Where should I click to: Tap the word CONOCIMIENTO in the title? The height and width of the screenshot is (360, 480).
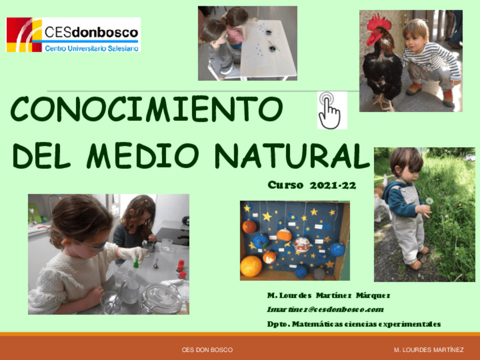coord(147,109)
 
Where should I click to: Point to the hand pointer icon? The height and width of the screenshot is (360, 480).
coord(331,110)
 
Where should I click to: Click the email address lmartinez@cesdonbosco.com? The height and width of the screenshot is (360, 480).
coord(325,310)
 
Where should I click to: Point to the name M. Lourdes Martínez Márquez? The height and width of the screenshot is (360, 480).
coord(328,295)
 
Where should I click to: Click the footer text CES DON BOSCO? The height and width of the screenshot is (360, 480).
coord(207,350)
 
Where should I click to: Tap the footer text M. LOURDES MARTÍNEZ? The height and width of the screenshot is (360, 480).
coord(428,350)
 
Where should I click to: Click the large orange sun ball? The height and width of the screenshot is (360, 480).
coord(251,265)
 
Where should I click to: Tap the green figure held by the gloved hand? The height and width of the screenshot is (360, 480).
coord(136,262)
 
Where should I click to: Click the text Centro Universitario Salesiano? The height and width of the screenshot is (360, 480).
coord(91,48)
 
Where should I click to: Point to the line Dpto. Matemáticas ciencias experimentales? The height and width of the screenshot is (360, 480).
coord(354,324)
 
